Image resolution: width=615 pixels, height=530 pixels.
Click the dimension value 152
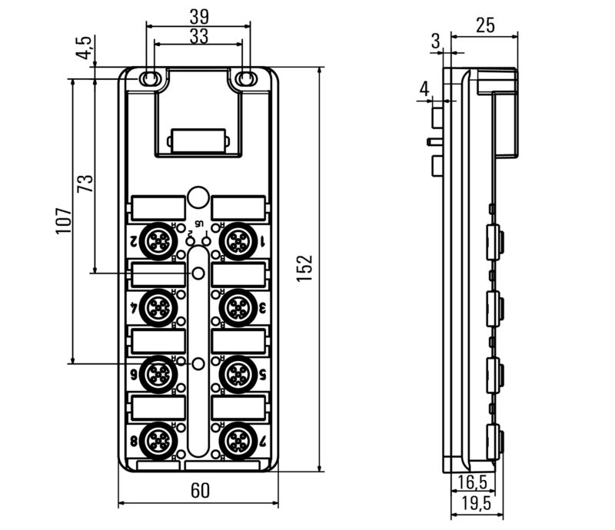click(305, 268)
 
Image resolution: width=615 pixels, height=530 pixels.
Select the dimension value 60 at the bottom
click(199, 490)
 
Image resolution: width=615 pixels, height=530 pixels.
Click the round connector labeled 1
click(235, 240)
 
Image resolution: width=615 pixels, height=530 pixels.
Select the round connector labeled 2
click(160, 240)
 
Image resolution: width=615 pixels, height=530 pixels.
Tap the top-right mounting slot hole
click(247, 78)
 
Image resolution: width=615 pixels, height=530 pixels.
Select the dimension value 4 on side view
click(424, 88)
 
